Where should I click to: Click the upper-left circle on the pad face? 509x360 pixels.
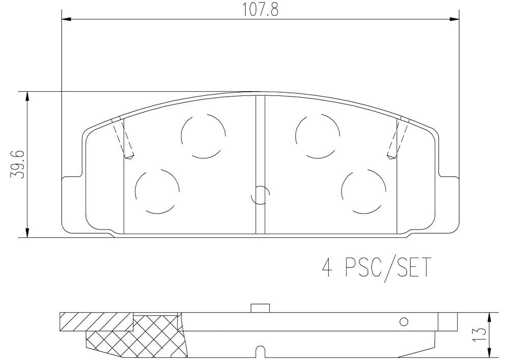click(203, 135)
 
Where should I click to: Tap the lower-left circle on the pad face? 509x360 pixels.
click(157, 191)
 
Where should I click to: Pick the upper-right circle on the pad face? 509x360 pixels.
click(317, 135)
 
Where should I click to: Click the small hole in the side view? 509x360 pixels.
click(405, 322)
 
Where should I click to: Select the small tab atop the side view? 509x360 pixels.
click(260, 308)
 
